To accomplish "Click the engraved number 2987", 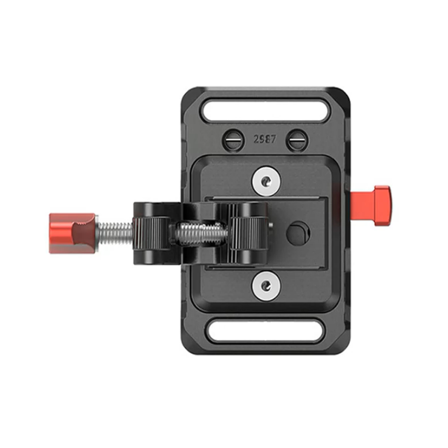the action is pyautogui.click(x=265, y=139).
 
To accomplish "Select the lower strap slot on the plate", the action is pyautogui.click(x=265, y=331).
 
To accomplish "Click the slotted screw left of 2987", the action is pyautogui.click(x=233, y=140).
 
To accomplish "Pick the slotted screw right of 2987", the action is pyautogui.click(x=297, y=140).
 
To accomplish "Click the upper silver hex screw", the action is pyautogui.click(x=266, y=181).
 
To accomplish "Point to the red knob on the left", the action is pyautogui.click(x=73, y=233).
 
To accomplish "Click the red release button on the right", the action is pyautogui.click(x=371, y=206).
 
